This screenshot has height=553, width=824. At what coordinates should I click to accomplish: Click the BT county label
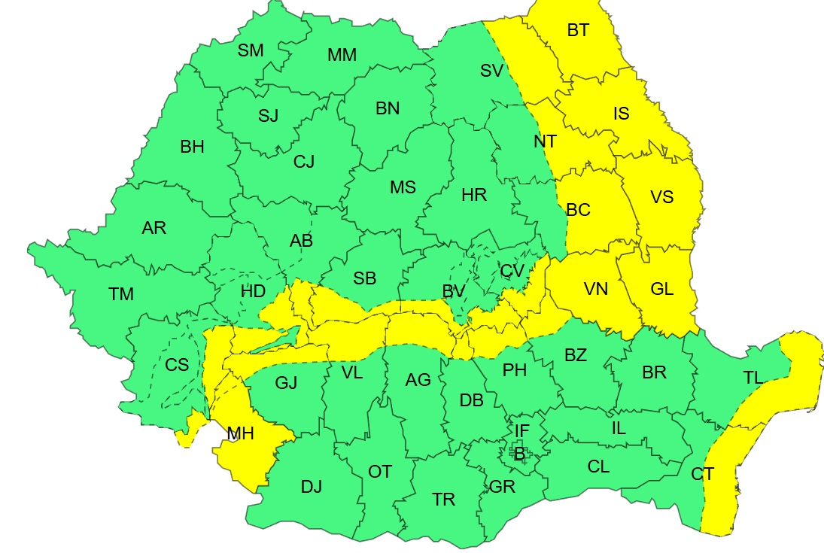[x=578, y=31]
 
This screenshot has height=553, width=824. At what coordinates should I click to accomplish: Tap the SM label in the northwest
[x=251, y=50]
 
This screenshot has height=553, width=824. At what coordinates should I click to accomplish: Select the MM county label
[x=342, y=55]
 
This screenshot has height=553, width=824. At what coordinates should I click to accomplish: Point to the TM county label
[x=120, y=295]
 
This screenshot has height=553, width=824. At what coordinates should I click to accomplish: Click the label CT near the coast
[x=702, y=475]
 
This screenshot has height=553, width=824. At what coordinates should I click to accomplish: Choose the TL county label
[x=753, y=378]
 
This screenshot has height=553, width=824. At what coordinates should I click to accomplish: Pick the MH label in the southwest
[x=240, y=433]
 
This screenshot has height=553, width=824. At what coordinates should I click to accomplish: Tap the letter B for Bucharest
[x=518, y=453]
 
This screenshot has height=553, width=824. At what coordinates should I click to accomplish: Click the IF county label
[x=522, y=430]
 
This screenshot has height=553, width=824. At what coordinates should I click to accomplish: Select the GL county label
[x=662, y=289]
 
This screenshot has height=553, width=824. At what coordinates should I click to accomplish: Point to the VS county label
[x=662, y=198]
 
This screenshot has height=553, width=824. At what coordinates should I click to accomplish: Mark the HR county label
[x=474, y=196]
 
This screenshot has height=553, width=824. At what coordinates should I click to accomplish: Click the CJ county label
[x=304, y=161]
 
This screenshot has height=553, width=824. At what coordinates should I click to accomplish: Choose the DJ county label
[x=312, y=487]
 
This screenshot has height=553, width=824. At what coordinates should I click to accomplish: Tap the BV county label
[x=454, y=291]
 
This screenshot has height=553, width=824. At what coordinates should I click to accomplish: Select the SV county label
[x=491, y=71]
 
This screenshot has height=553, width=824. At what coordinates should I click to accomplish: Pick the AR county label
[x=154, y=228]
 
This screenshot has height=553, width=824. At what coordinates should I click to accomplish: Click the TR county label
[x=444, y=500]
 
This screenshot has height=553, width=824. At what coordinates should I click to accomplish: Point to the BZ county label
[x=576, y=356]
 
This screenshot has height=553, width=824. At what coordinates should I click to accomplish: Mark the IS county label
[x=621, y=114]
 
